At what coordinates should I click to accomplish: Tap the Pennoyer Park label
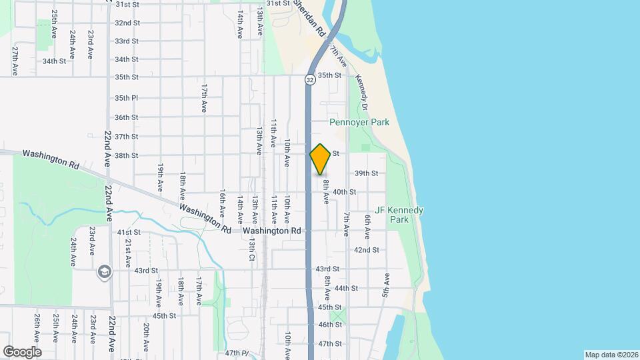(x=359, y=123)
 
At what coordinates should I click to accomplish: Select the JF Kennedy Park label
(x=399, y=215)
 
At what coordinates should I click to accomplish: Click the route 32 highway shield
(x=310, y=79)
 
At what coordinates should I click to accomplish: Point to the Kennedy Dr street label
(x=362, y=92)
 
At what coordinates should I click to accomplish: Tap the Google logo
(x=22, y=351)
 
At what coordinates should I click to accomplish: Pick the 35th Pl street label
(x=126, y=98)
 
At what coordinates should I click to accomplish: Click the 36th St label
(x=126, y=117)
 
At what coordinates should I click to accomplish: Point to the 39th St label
(x=366, y=173)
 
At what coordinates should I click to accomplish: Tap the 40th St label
(x=344, y=192)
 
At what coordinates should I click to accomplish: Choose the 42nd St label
(x=366, y=250)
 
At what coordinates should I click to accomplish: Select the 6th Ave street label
(x=367, y=227)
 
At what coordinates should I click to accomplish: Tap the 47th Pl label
(x=236, y=353)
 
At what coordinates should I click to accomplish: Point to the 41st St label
(x=129, y=232)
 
